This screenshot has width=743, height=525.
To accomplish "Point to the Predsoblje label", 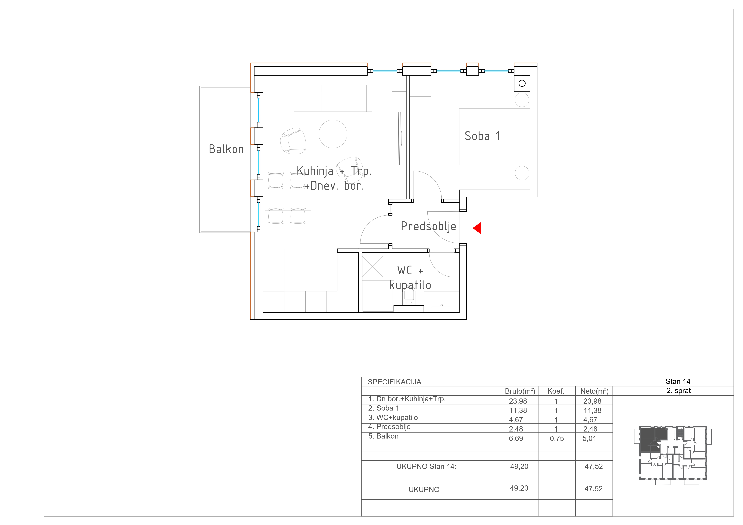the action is pos(428,226).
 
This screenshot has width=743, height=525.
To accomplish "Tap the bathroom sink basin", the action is pos(441,301).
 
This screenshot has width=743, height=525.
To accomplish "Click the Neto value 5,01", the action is pos(589,439).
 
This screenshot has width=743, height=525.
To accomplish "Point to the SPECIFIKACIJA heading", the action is pos(395,382).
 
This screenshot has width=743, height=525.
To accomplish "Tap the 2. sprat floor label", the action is pos(679,391).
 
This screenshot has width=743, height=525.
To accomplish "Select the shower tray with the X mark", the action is pos(373,267).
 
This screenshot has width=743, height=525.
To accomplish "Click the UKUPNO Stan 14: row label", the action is pos(426,467).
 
